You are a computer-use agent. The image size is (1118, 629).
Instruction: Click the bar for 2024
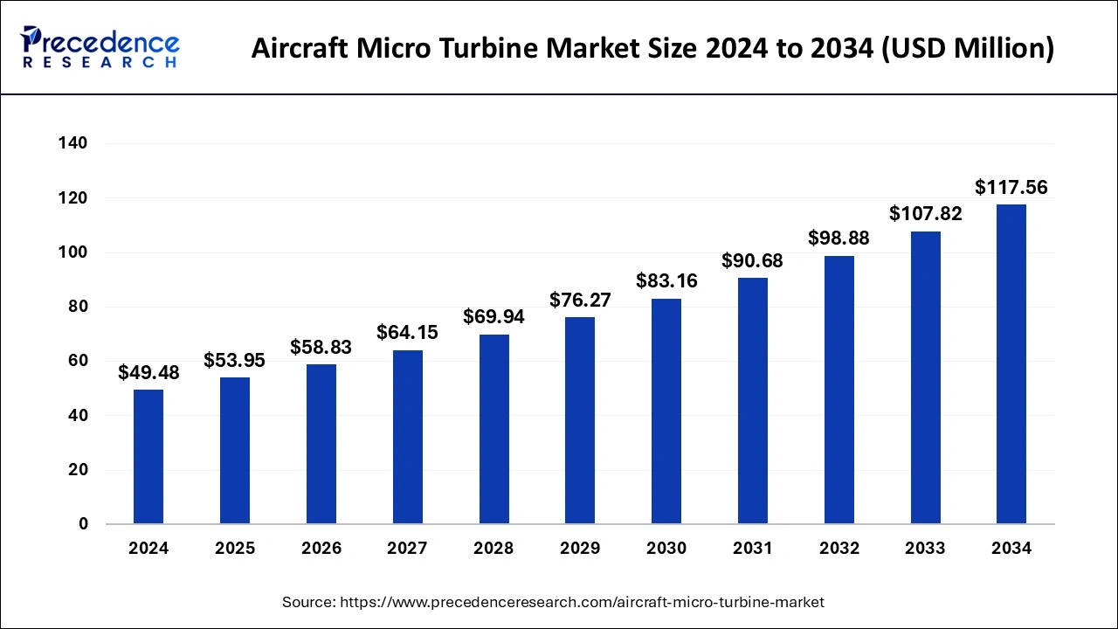point(148,457)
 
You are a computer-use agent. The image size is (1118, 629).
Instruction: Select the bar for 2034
point(1011,364)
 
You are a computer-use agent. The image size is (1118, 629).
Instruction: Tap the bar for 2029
point(580,420)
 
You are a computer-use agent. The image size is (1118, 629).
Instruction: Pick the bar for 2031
point(752,401)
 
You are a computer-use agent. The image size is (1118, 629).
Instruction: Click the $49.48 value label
point(148,373)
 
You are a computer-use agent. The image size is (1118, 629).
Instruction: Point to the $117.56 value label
point(1011,187)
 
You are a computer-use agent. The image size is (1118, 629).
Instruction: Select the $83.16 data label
point(666,281)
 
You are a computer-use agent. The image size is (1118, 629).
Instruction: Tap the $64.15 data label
point(407,333)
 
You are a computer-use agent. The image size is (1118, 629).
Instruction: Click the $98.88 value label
point(838,238)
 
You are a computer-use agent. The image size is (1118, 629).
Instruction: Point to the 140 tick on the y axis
point(73,143)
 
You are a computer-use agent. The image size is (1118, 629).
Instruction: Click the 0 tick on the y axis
point(83,524)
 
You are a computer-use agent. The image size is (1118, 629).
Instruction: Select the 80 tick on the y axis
point(78,307)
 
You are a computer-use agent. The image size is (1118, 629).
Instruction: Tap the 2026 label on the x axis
point(321,549)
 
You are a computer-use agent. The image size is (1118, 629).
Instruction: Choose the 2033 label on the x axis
point(925,549)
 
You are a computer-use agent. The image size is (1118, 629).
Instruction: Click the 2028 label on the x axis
point(493,549)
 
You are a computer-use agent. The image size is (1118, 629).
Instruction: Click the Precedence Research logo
point(100,46)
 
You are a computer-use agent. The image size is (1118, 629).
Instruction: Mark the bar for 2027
point(407,437)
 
